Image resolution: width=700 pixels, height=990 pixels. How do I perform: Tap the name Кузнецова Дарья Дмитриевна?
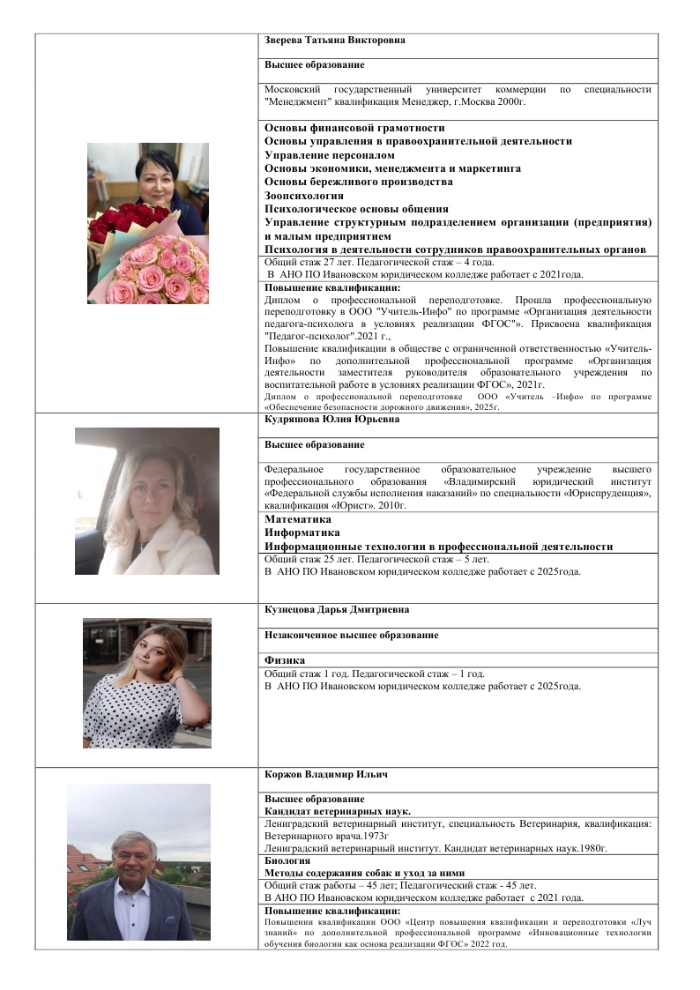(324, 609)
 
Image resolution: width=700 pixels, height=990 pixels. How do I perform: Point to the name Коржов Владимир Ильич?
(314, 774)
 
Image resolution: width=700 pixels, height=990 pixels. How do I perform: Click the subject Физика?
(285, 660)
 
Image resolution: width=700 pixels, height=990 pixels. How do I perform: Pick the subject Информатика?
(302, 532)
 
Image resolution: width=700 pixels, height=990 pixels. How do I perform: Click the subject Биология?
(287, 860)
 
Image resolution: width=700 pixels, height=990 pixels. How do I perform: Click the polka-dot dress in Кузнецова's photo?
(132, 714)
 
